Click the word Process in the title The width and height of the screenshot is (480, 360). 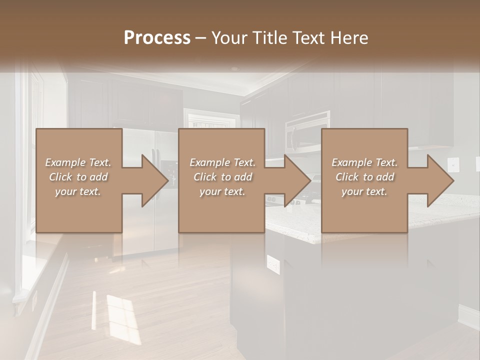(x=157, y=38)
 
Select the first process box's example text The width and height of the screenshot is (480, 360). (x=78, y=177)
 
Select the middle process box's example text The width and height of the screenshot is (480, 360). (x=222, y=177)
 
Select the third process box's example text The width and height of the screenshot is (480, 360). (x=364, y=177)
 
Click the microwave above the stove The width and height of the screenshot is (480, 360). (x=307, y=131)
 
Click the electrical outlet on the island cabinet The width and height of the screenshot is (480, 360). (x=273, y=264)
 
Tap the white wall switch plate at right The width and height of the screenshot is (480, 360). (x=453, y=163)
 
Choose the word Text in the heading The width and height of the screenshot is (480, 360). (x=309, y=38)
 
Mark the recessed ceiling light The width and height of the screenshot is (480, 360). (x=234, y=69)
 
